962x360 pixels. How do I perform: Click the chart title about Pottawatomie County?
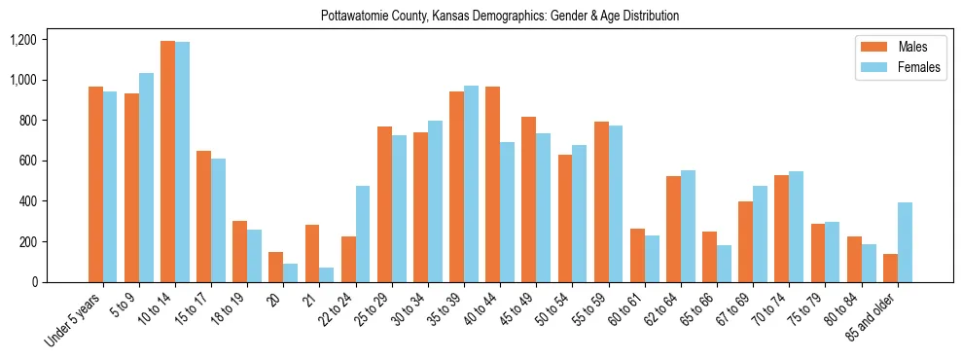(x=500, y=17)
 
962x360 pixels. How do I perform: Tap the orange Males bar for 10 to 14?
(x=167, y=162)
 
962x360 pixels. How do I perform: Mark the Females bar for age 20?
(x=290, y=273)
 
